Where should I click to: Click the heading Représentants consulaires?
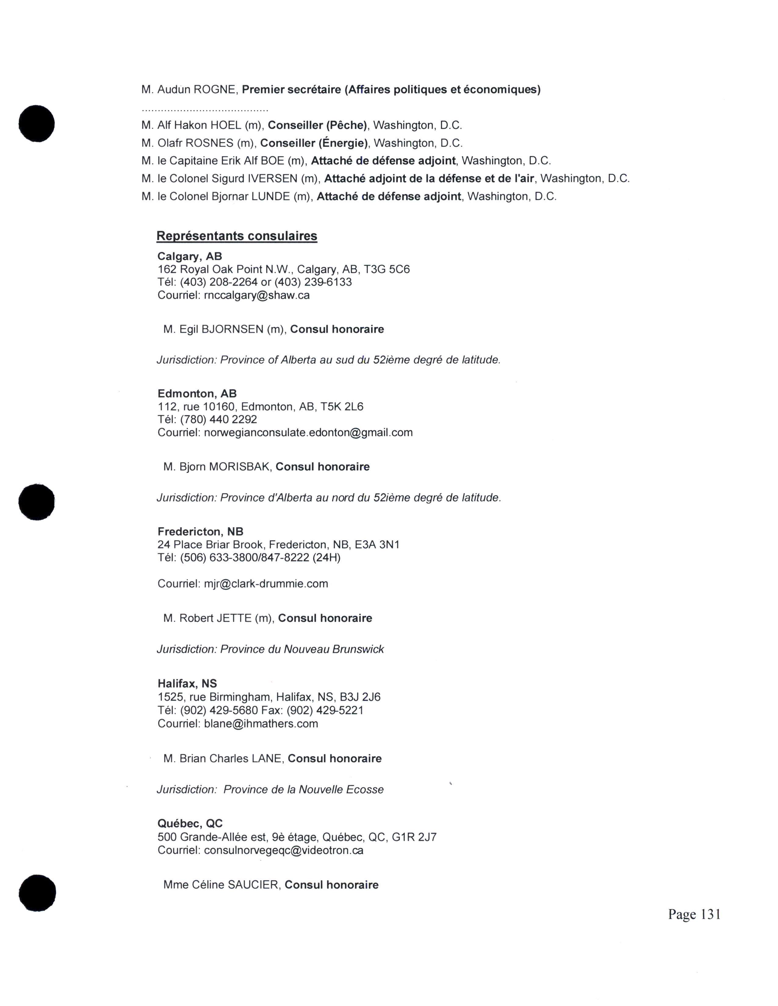(236, 236)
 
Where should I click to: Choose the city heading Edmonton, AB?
(197, 393)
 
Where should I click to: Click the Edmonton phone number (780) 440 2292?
(218, 419)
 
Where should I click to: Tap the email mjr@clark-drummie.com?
(266, 583)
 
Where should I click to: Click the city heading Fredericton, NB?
(200, 532)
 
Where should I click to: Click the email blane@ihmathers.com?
(261, 724)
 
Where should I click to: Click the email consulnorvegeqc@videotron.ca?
(283, 850)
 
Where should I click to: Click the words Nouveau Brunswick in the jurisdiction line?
(334, 649)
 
